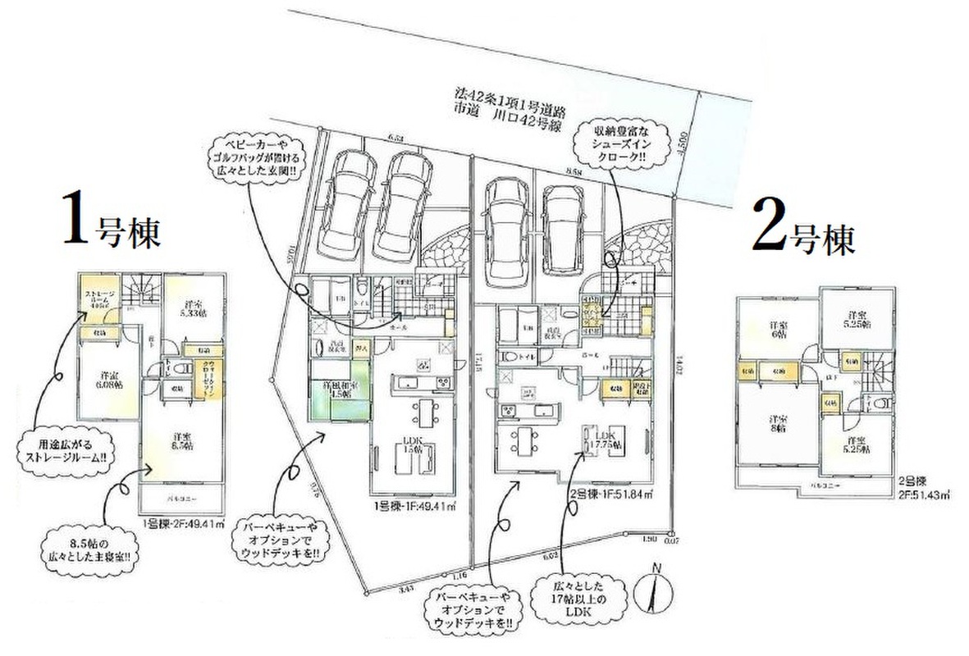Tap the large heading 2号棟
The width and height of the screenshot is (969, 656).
803,234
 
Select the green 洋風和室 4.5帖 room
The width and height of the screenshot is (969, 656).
330,400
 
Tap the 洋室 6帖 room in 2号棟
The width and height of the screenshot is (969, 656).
775,328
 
